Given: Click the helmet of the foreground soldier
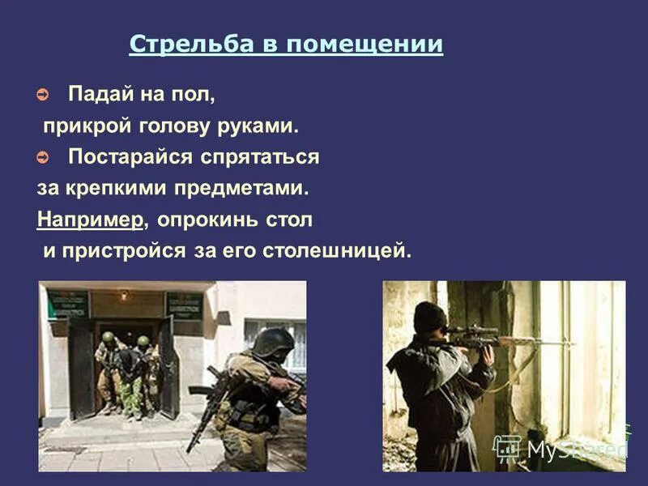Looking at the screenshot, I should click(x=272, y=341).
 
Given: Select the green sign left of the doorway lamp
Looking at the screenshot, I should click(x=67, y=304).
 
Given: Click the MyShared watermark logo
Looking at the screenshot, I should click(x=559, y=448).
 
